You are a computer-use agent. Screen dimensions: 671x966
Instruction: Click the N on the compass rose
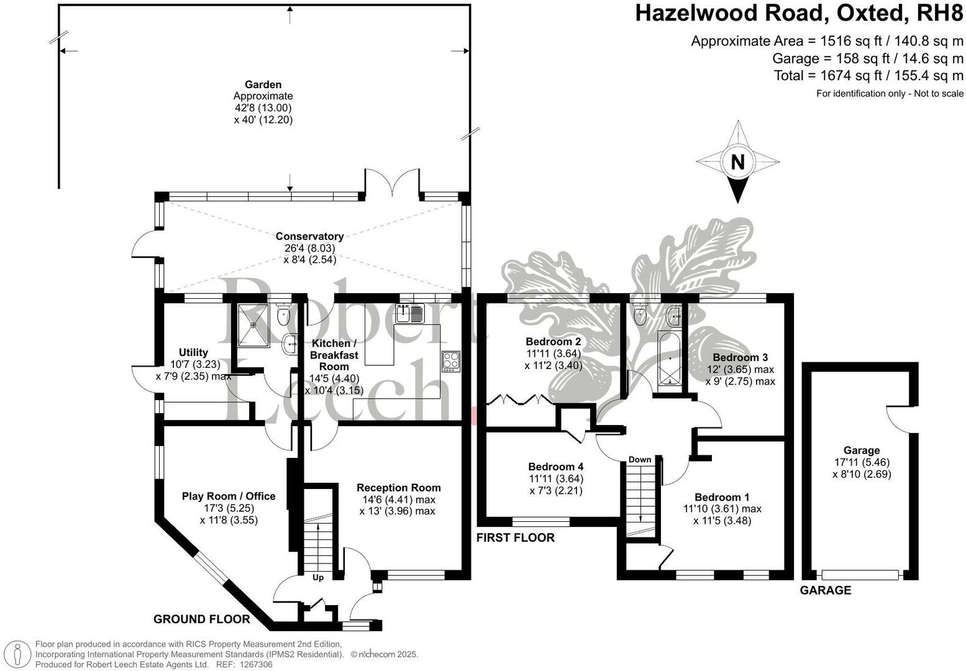(x=737, y=162)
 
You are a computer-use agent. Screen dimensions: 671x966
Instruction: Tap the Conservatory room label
(x=309, y=236)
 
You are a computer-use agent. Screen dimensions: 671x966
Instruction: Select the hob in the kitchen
(x=450, y=361)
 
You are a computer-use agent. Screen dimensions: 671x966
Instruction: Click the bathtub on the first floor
(x=669, y=360)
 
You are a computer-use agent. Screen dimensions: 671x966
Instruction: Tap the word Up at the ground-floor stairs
(x=318, y=578)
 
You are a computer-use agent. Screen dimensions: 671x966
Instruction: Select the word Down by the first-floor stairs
(x=640, y=460)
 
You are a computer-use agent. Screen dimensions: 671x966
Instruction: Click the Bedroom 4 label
(x=555, y=467)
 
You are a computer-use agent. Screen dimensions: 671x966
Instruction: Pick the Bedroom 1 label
(x=722, y=497)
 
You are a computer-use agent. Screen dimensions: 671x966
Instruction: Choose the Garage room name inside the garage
(x=862, y=450)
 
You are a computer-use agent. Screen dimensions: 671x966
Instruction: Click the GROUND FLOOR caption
(x=202, y=619)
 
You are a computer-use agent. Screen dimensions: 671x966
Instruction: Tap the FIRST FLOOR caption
(x=516, y=537)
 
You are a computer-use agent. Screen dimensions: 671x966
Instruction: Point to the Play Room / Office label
(x=229, y=496)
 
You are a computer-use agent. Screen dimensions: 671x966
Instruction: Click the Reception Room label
(x=398, y=488)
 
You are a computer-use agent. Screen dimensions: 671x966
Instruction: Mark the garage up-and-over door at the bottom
(x=860, y=575)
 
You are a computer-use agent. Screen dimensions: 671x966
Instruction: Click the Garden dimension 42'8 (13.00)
(x=263, y=108)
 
